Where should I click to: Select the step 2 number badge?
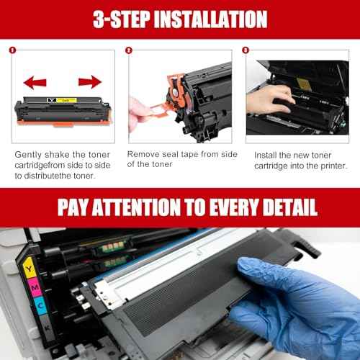129,51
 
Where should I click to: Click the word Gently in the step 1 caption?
29,155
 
